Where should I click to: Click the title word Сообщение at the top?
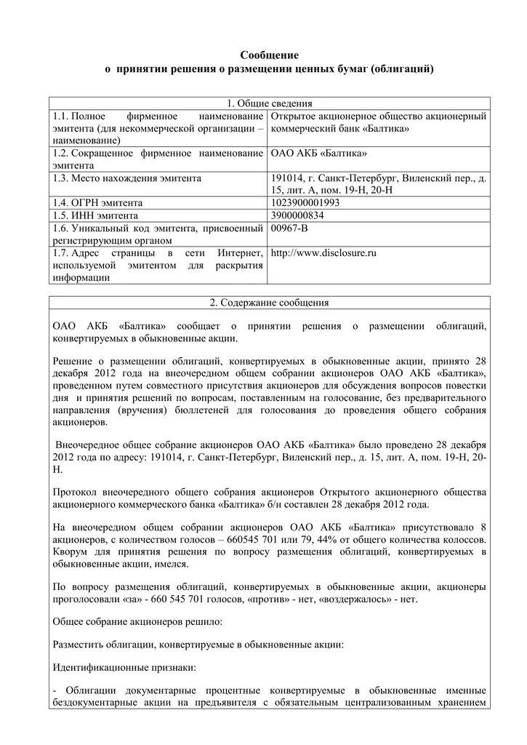[270, 55]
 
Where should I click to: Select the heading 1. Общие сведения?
[270, 103]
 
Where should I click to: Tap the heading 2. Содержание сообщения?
[270, 302]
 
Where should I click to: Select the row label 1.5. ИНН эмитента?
[95, 215]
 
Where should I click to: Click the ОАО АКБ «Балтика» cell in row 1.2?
[318, 154]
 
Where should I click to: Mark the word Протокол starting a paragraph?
[76, 491]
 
